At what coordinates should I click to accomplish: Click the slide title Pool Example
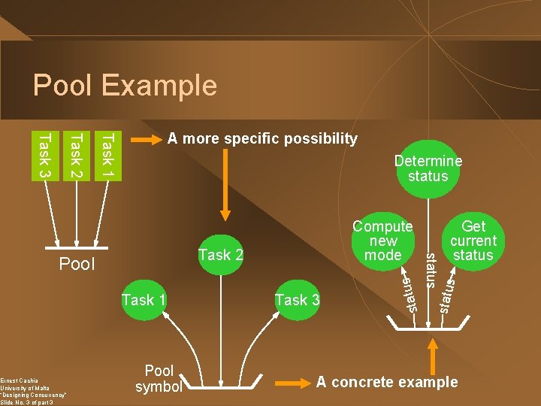(x=125, y=85)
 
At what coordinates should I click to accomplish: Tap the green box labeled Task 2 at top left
(x=75, y=155)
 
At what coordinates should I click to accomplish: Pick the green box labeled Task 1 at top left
(x=107, y=155)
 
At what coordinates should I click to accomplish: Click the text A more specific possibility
(x=262, y=138)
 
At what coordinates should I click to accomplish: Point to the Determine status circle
(x=428, y=169)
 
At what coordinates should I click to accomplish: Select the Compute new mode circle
(x=382, y=241)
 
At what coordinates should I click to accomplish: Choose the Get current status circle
(x=473, y=241)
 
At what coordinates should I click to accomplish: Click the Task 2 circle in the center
(x=220, y=255)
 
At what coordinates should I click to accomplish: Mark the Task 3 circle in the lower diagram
(x=297, y=300)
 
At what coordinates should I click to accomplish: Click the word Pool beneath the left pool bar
(x=77, y=264)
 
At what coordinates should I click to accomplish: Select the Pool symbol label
(x=159, y=378)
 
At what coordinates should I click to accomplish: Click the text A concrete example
(x=386, y=382)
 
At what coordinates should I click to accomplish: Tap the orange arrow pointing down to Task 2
(x=222, y=188)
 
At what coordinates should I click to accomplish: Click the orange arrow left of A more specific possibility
(x=147, y=139)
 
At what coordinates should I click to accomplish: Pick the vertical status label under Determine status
(x=431, y=271)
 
